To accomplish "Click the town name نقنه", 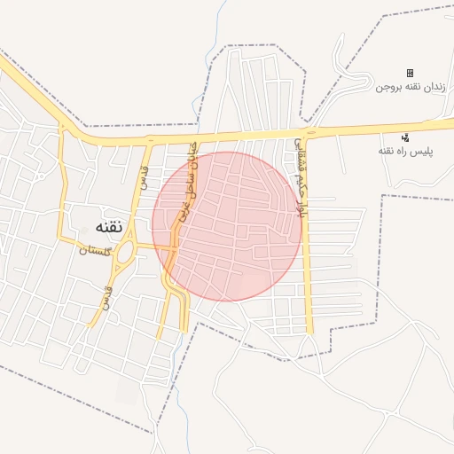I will (x=99, y=226).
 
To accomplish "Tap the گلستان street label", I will (x=96, y=250).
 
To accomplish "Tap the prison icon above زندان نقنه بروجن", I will (x=410, y=73).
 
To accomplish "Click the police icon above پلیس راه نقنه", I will (x=405, y=137).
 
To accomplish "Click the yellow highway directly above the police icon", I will (x=405, y=127).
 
